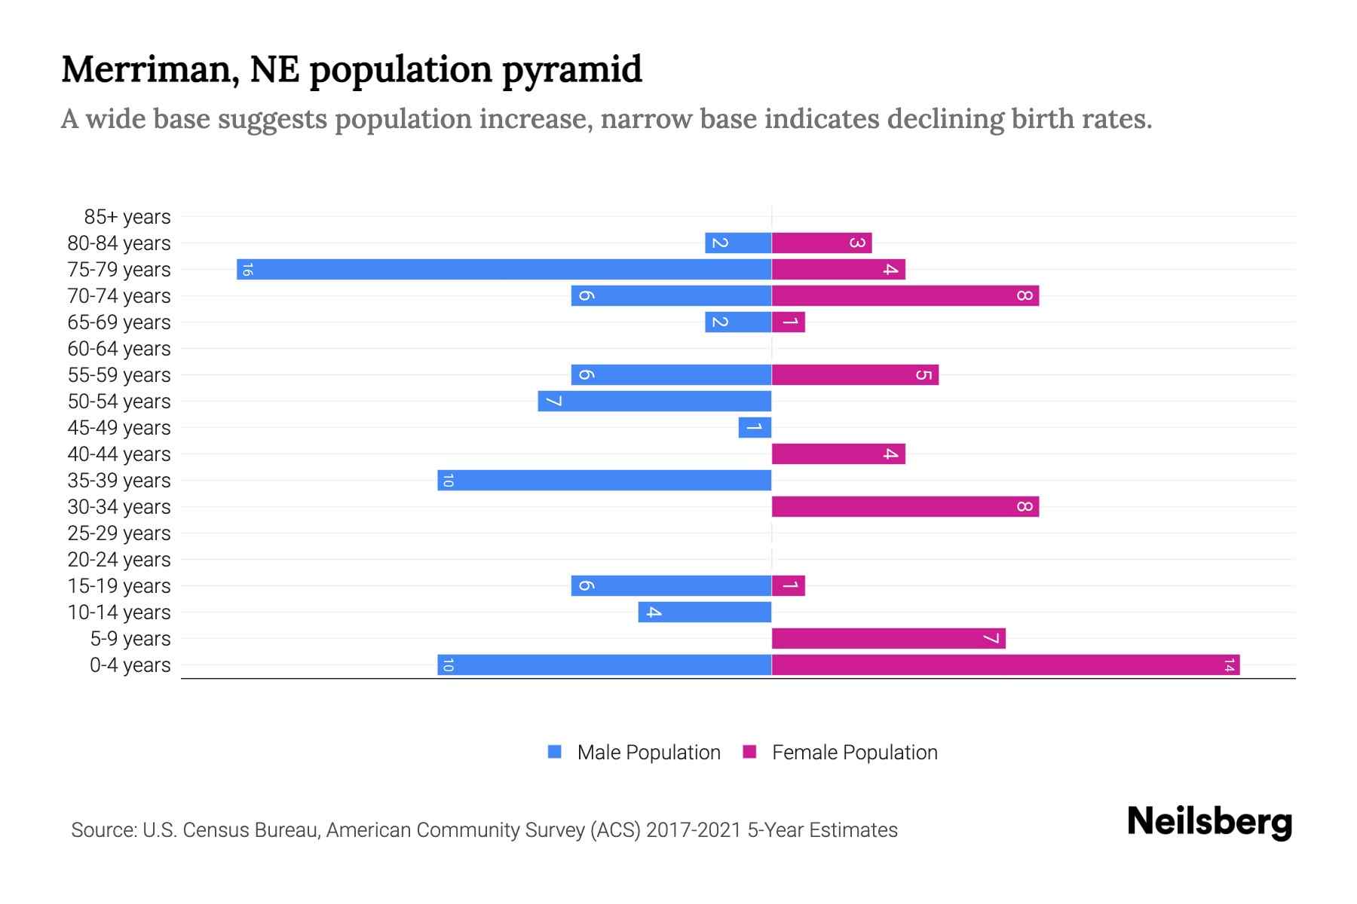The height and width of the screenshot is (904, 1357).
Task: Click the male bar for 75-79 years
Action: click(504, 269)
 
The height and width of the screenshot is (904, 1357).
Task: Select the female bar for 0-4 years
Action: click(1006, 665)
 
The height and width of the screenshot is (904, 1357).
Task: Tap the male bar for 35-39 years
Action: click(604, 481)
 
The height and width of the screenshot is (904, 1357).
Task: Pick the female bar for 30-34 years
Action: click(905, 507)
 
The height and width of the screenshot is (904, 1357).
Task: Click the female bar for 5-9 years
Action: click(888, 639)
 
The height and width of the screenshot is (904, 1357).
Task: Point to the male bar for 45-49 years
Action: click(755, 428)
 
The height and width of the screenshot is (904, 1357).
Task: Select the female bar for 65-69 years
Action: click(789, 322)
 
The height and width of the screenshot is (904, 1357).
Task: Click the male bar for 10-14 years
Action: click(704, 612)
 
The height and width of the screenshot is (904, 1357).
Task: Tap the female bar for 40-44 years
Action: click(838, 454)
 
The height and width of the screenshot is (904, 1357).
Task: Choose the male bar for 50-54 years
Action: click(654, 402)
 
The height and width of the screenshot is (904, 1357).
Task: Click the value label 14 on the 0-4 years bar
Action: click(1229, 665)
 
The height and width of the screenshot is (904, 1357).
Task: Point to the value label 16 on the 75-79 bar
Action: click(247, 269)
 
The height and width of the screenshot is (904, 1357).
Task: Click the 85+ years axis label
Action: click(127, 217)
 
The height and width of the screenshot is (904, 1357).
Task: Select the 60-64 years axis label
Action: click(119, 349)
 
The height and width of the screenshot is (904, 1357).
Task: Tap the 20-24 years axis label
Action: click(119, 560)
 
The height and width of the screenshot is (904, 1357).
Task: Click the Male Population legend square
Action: click(555, 752)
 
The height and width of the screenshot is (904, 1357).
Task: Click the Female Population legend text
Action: click(854, 753)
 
